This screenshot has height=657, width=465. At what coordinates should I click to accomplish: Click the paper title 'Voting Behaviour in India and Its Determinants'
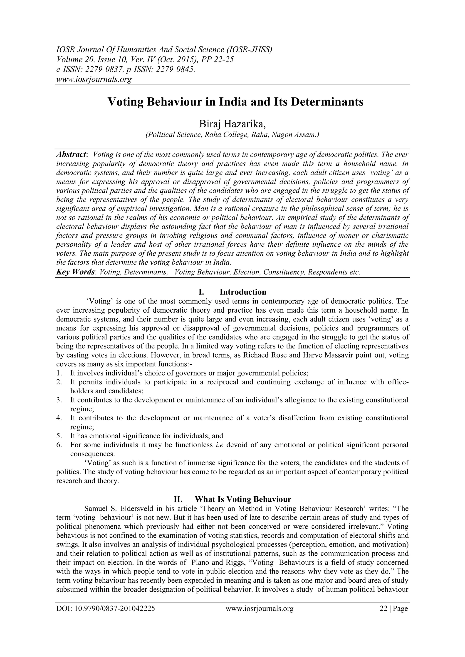235,102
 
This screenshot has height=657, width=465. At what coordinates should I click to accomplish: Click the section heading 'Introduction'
243,292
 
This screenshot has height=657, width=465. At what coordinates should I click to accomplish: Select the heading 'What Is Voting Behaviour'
243,499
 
